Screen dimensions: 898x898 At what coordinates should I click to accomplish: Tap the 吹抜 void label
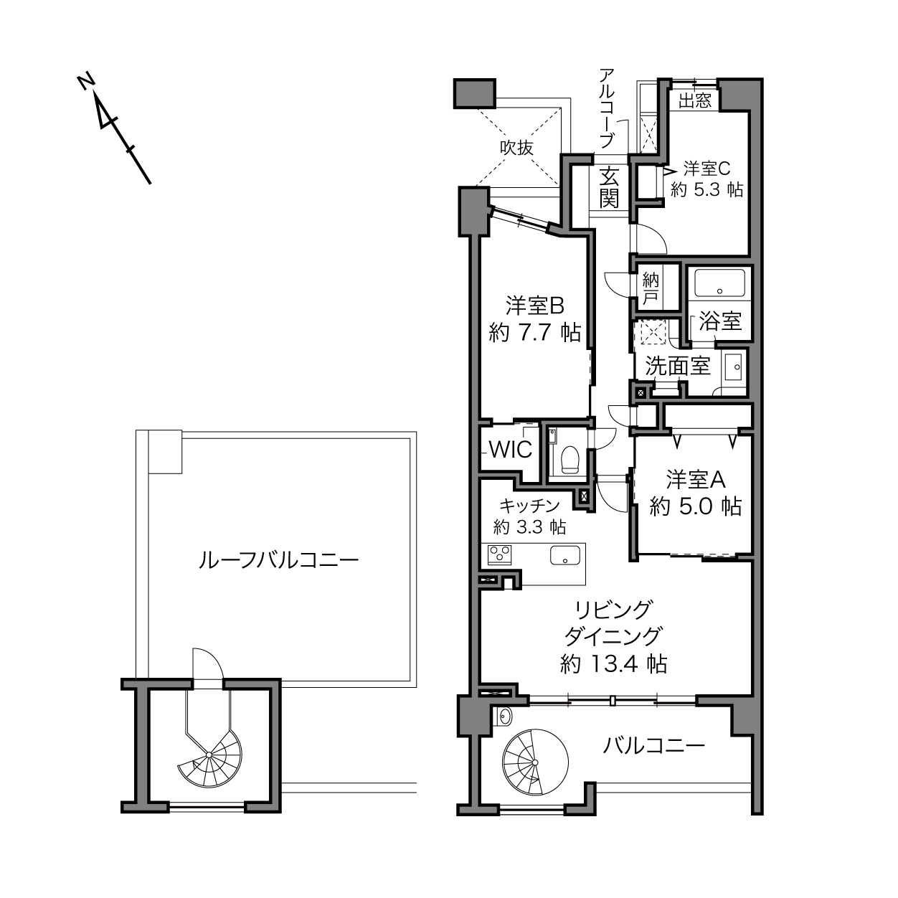(516, 148)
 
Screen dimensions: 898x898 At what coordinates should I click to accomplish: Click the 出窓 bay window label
(695, 100)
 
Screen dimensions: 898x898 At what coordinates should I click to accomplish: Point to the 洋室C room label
(706, 169)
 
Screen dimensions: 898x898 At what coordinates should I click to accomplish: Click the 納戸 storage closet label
(651, 289)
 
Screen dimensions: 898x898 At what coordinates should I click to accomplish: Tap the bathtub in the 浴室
(719, 283)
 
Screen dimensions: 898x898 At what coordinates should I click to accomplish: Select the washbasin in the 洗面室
(734, 367)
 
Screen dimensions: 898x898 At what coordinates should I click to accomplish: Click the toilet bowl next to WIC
(569, 459)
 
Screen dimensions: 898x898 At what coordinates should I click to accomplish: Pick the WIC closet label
(511, 450)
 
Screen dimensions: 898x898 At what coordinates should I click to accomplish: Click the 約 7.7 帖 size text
(535, 333)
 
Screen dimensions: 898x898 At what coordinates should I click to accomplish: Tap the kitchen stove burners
(499, 555)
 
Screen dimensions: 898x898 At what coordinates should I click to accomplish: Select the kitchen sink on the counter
(565, 555)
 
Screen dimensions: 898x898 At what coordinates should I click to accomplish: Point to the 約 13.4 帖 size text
(613, 663)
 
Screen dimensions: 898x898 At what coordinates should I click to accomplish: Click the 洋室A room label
(695, 480)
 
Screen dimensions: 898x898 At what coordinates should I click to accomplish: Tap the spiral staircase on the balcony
(535, 762)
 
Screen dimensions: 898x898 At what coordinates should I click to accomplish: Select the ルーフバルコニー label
(278, 559)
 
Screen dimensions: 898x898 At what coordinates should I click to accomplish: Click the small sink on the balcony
(504, 717)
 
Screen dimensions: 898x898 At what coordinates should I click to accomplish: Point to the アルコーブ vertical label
(606, 108)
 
